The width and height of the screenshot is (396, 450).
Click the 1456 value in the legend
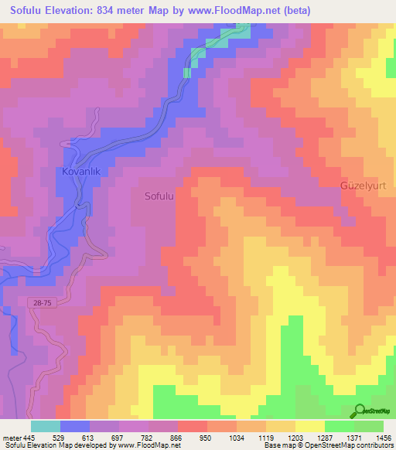tap(384, 438)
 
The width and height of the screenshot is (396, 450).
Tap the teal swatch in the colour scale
tap(46, 426)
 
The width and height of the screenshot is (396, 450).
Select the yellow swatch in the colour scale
tap(310, 426)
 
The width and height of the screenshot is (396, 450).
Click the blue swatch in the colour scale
tap(75, 426)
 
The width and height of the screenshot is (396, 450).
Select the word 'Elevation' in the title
tap(77, 9)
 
